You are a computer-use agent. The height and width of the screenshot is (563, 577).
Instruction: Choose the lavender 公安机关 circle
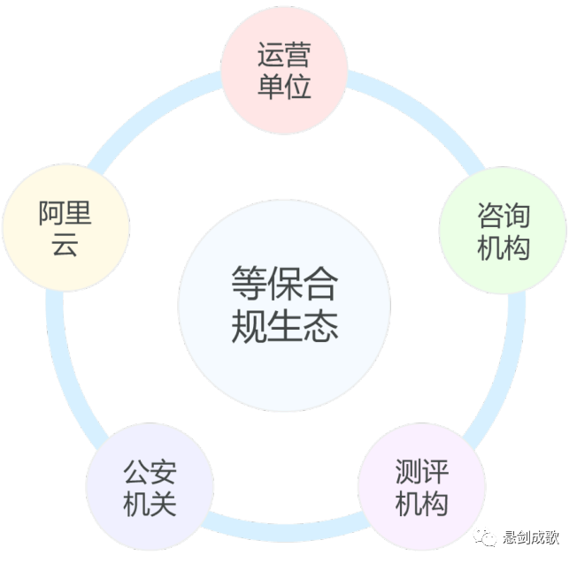tap(150, 487)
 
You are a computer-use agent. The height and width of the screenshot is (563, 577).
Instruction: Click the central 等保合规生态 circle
tap(284, 306)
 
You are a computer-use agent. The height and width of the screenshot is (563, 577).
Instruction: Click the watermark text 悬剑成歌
tap(536, 538)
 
